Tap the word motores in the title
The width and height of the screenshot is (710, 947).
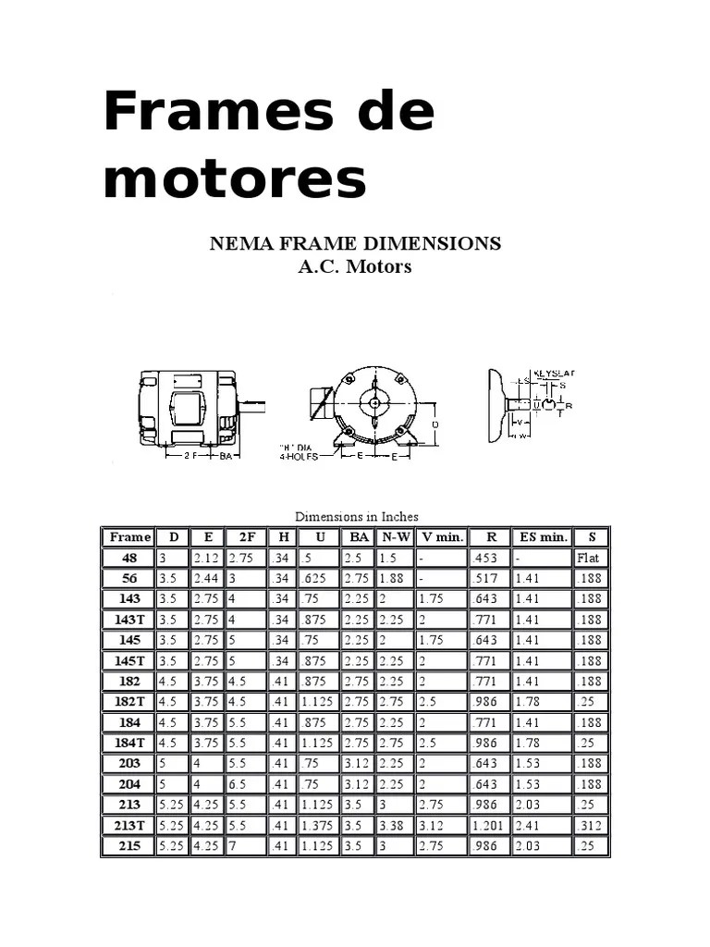coord(235,178)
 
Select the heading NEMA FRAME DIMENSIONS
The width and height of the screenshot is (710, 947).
coord(355,244)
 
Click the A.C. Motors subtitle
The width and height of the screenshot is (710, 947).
coord(354,267)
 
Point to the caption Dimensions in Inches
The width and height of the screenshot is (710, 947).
coord(356,516)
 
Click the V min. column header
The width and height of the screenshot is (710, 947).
coord(442,536)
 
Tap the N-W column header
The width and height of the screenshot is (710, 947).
coord(395,536)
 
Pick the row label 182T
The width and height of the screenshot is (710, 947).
coord(129,701)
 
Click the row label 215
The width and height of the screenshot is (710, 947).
coord(129,845)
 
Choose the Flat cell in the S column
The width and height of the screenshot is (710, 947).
coord(588,558)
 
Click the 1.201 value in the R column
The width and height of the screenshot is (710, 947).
coord(487,825)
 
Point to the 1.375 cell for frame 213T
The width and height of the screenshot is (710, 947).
coord(318,825)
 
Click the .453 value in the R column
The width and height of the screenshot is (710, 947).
coord(484,558)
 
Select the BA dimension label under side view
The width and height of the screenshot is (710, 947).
coord(226,455)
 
